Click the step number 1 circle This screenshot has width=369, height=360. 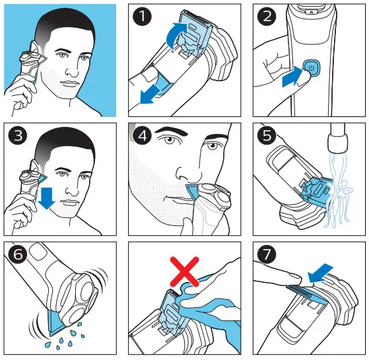(143, 16)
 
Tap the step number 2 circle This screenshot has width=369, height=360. (267, 16)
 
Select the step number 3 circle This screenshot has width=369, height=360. (18, 135)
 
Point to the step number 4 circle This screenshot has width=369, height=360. (143, 135)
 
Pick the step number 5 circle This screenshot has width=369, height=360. (267, 135)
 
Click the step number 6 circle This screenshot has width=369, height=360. (18, 254)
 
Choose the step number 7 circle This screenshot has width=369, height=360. (267, 254)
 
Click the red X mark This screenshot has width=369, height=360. (185, 271)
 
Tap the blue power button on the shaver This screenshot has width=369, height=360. (311, 68)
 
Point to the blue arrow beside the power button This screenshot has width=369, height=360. (292, 77)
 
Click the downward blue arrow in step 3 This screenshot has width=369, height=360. (47, 198)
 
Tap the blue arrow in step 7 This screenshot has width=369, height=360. (320, 273)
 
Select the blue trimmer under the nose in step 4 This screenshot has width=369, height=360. (193, 191)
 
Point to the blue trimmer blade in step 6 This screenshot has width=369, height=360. (57, 322)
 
